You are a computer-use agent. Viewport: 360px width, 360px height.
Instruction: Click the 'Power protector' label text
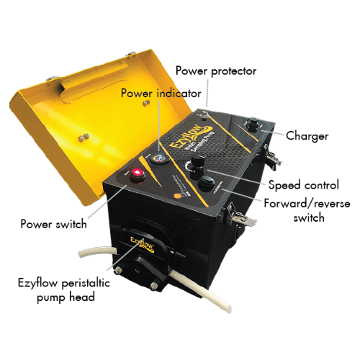[216, 71]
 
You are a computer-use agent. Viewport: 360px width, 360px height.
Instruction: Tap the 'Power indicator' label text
[157, 93]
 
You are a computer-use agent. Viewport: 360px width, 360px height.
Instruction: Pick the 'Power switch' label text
[54, 224]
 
